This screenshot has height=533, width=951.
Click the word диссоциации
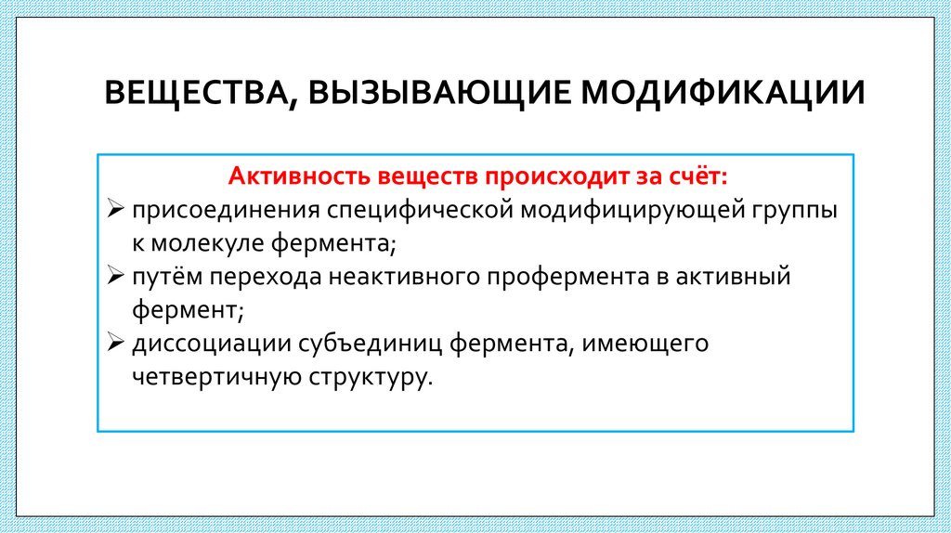coord(210,344)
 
